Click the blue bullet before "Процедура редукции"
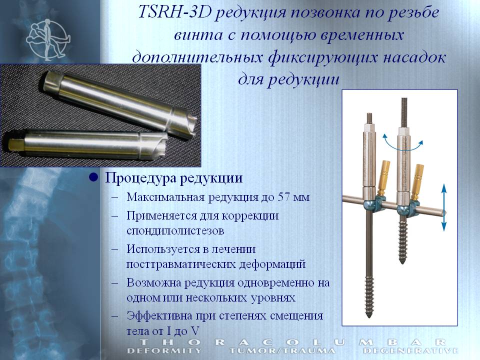(x=93, y=177)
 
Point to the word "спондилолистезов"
(x=175, y=231)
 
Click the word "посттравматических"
(x=181, y=264)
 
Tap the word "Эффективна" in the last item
(x=159, y=315)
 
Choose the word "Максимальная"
(x=165, y=197)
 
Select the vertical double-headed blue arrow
(x=444, y=207)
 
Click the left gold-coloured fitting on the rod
(x=383, y=177)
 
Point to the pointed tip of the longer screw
(x=369, y=316)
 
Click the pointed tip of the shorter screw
(x=402, y=262)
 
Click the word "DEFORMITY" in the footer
(x=164, y=351)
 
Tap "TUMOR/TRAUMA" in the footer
(x=282, y=351)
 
